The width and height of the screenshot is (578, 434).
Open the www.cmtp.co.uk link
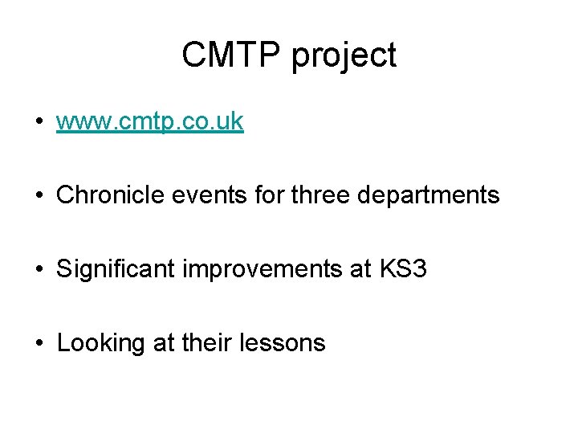[150, 122]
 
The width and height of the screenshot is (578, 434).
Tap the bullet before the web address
[39, 123]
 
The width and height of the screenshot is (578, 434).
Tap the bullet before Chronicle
[39, 196]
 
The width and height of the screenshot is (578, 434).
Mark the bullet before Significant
[39, 270]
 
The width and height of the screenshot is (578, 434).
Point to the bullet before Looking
[39, 344]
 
